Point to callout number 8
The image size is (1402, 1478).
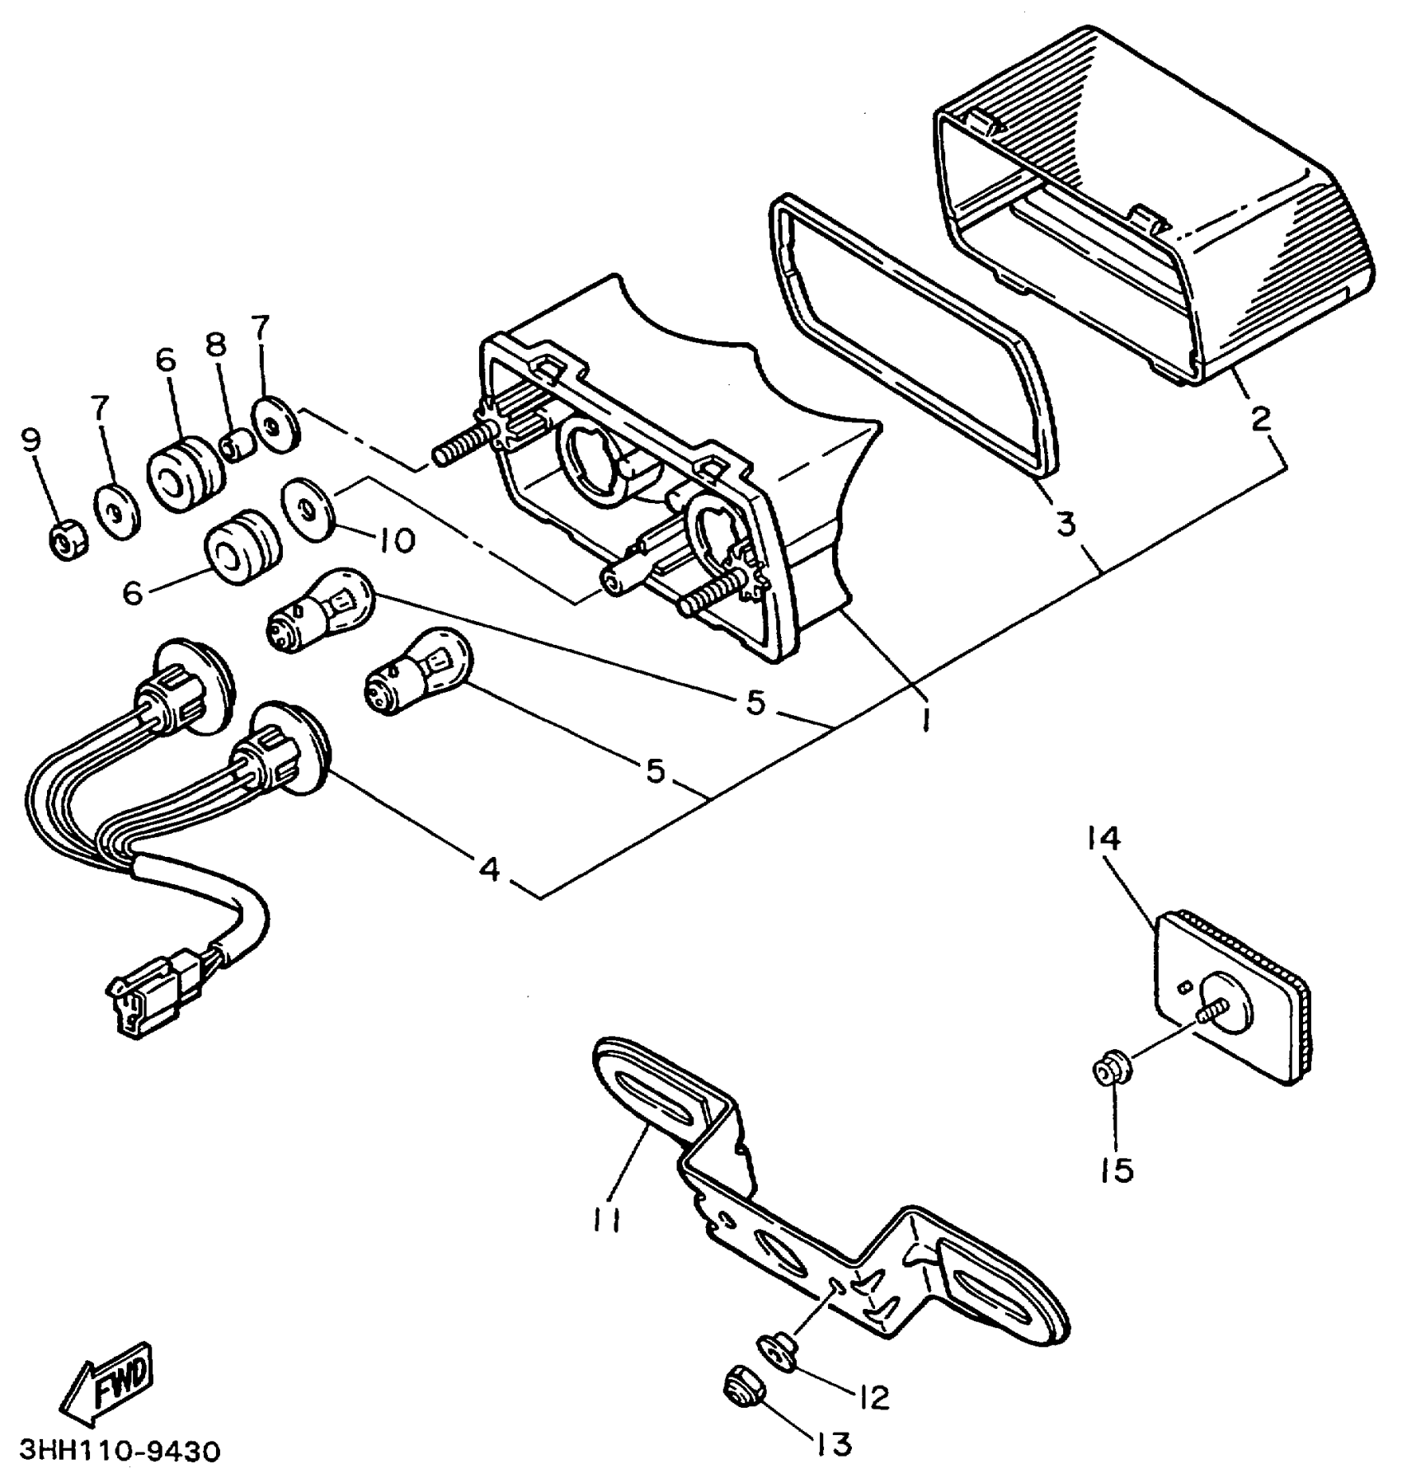coord(216,346)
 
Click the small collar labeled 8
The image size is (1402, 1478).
coord(238,446)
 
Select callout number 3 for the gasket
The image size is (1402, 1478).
coord(1066,523)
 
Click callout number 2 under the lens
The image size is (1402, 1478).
coord(1260,418)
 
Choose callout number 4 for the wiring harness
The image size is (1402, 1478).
coord(489,868)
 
